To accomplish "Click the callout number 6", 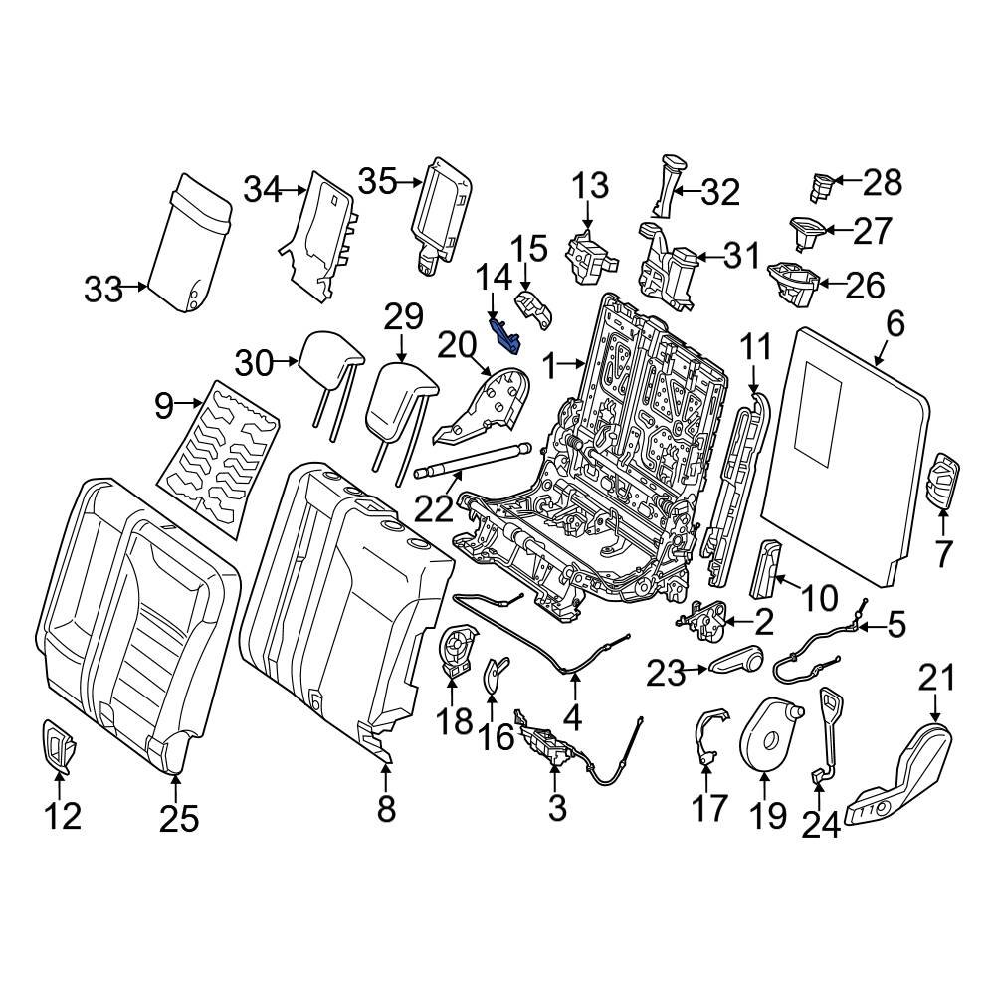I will click(895, 323).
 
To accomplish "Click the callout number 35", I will click(377, 182).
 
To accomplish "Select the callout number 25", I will click(179, 819).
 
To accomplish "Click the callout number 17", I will click(709, 807).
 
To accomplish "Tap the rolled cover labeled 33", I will click(189, 244).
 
